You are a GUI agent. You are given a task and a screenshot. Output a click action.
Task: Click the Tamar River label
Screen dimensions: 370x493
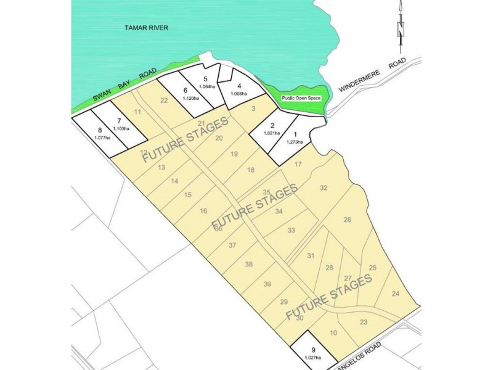[x=147, y=28]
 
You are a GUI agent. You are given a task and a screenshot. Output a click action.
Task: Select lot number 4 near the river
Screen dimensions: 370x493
[x=238, y=86]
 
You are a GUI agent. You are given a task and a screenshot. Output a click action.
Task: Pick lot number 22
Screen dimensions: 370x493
[x=164, y=101]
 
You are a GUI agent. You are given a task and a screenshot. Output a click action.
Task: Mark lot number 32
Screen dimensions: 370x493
[x=324, y=188]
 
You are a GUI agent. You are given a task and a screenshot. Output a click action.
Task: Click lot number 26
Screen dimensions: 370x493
[x=348, y=220]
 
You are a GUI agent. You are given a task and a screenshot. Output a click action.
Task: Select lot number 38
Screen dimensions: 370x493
[x=249, y=264]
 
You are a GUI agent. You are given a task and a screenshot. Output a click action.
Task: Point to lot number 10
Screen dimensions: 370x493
[x=333, y=333]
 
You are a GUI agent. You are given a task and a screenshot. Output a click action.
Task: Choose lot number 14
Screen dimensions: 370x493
[x=175, y=181]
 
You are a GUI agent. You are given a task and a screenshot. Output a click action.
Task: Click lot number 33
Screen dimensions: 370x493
[x=291, y=230]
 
